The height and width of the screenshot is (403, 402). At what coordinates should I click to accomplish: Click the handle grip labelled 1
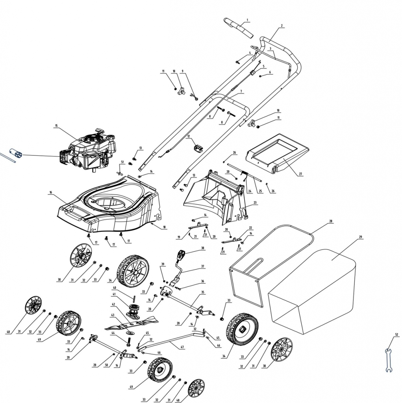click(239, 28)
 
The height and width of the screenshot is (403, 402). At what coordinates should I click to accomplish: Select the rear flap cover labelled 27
click(278, 155)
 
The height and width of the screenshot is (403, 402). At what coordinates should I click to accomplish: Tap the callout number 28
click(331, 221)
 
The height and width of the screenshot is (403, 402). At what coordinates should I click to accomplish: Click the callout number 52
click(396, 335)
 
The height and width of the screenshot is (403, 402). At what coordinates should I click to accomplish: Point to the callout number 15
click(56, 126)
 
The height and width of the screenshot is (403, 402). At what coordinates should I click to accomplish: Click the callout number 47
click(182, 347)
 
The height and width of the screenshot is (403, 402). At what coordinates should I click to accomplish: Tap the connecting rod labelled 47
click(173, 341)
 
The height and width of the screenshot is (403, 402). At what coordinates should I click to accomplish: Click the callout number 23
click(255, 202)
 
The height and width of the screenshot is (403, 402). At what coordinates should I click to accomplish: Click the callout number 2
click(282, 26)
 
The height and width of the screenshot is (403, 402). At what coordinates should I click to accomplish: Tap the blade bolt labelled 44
click(128, 341)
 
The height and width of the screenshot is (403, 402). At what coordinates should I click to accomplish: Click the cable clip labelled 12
click(198, 148)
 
